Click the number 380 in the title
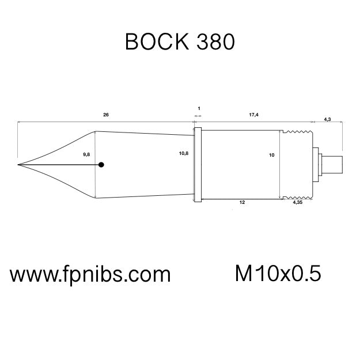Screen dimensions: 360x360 [214, 42]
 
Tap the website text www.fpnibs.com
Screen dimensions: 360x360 [90, 274]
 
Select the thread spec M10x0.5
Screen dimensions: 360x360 [278, 274]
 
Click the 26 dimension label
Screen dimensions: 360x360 [105, 115]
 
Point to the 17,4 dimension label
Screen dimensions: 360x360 [253, 115]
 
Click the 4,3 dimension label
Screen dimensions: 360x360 [327, 119]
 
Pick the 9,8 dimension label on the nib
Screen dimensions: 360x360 [86, 155]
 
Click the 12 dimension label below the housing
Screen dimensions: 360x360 [242, 203]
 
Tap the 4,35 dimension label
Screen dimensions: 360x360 [298, 203]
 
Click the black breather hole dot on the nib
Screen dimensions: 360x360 [101, 165]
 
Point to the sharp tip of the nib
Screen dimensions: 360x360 [18, 165]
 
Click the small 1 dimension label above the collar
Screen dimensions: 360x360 [199, 108]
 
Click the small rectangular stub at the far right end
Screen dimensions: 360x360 [331, 165]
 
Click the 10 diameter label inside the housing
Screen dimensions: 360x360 [272, 155]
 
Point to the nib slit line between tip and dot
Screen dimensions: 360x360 [58, 165]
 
